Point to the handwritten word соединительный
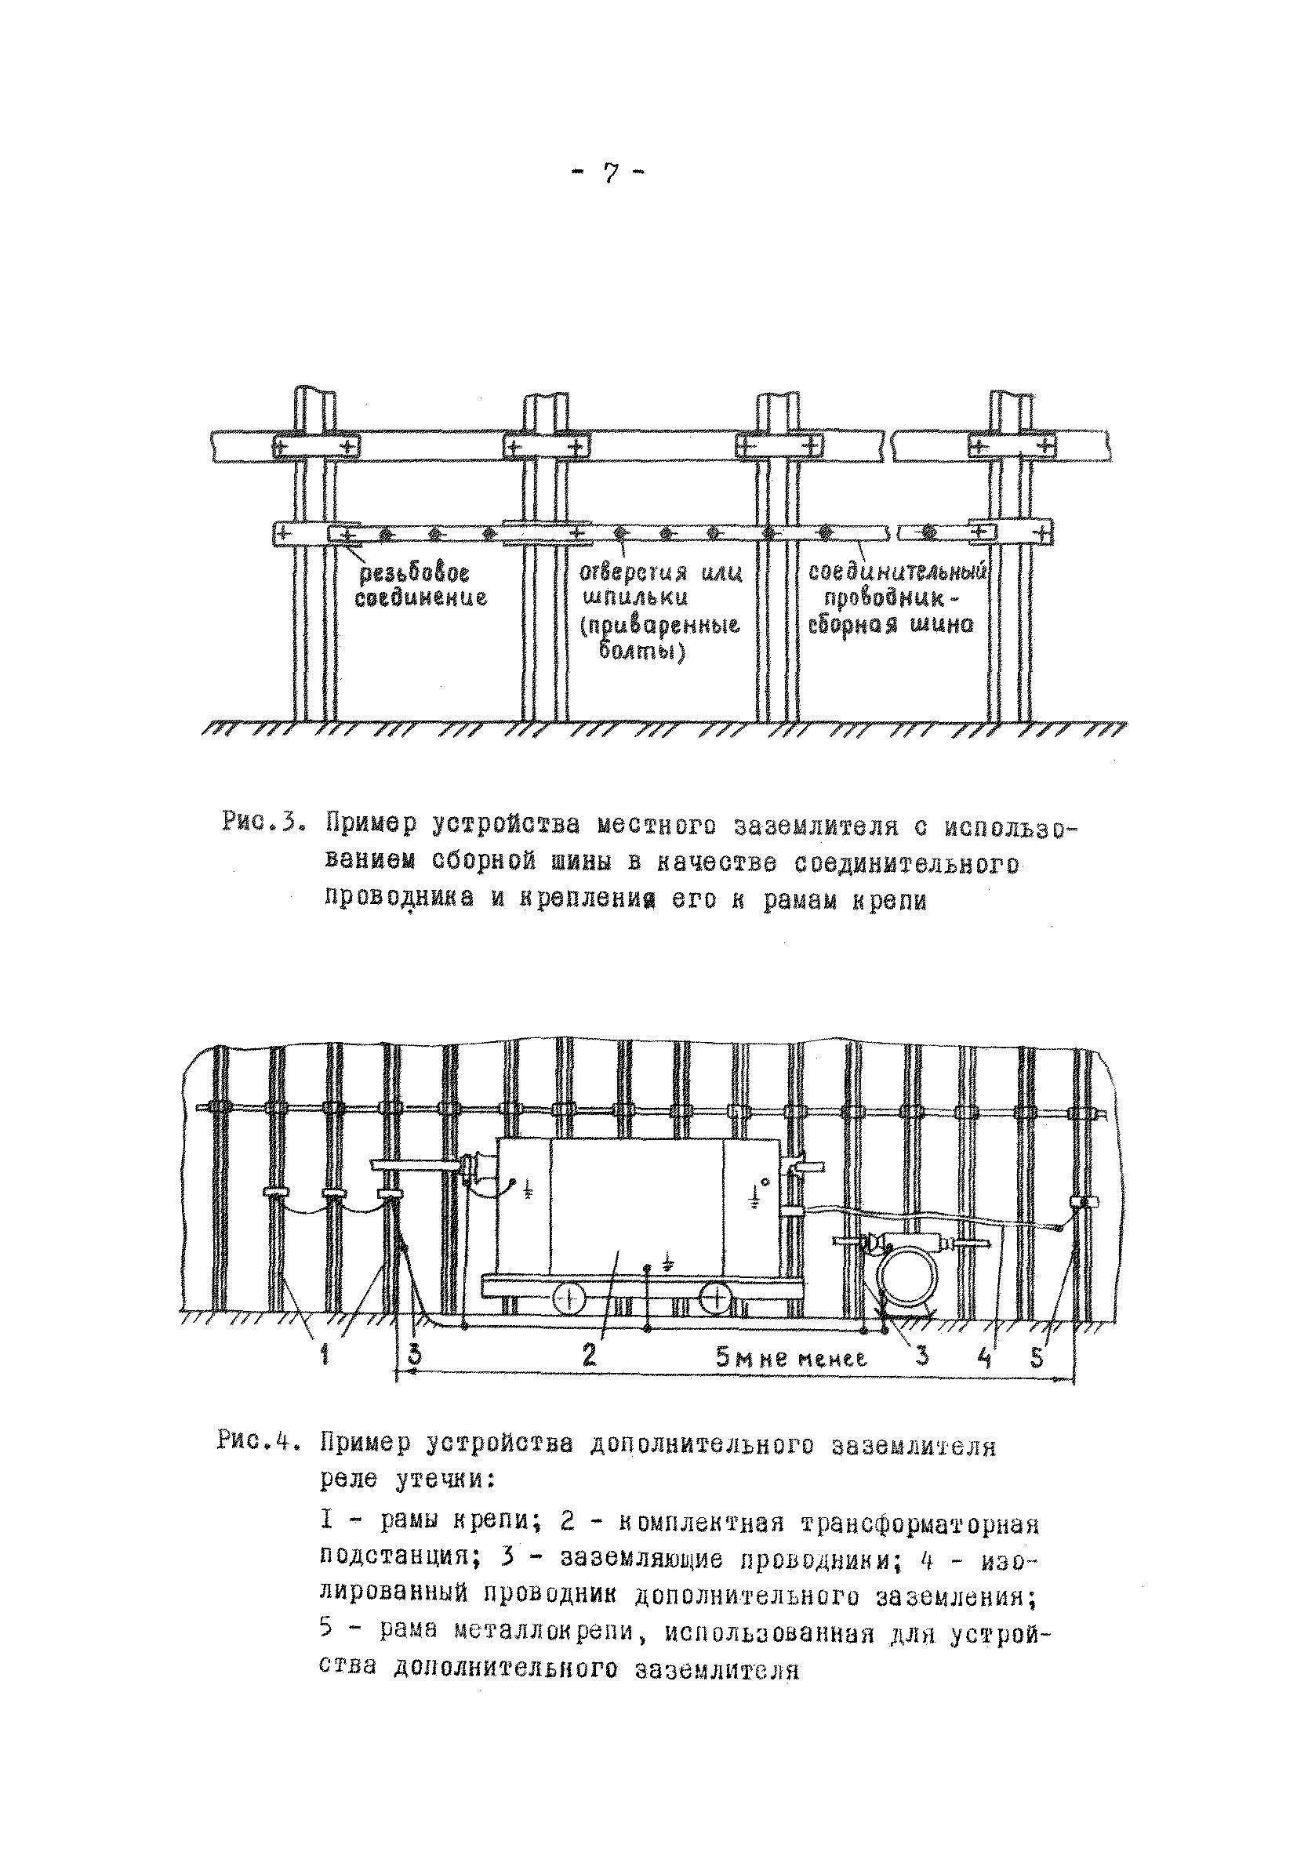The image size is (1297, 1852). tap(898, 572)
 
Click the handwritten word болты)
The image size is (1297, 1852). tap(642, 650)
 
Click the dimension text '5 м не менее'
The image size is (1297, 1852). tap(791, 1358)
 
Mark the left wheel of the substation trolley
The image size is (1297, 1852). tap(569, 1298)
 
